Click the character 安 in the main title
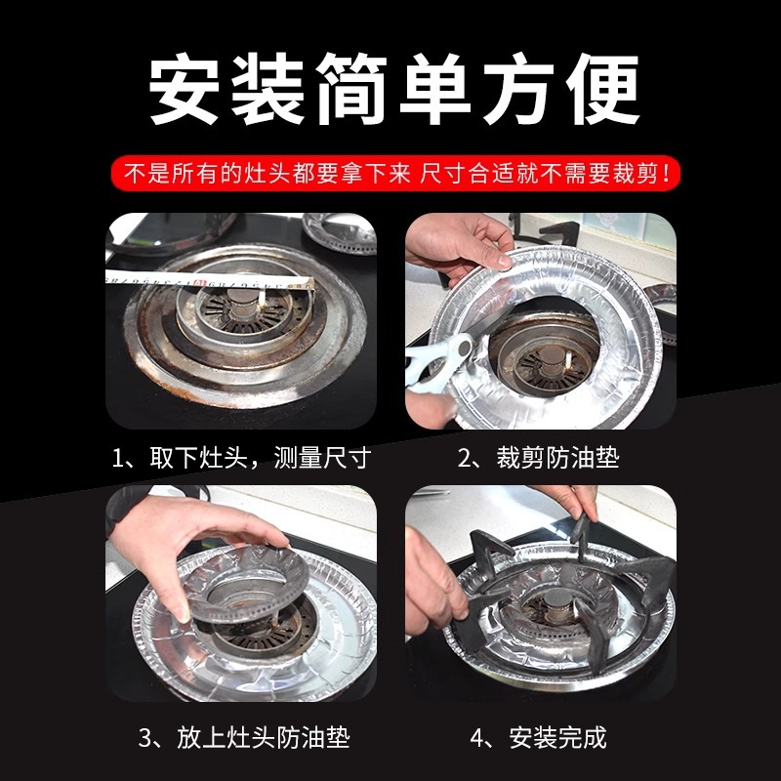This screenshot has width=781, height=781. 184,89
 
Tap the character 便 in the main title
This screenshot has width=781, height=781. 602,89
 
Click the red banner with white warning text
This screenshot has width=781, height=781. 395,174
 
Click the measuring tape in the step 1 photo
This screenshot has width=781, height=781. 210,281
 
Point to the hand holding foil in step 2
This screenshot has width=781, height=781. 457,245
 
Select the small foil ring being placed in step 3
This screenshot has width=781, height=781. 248,584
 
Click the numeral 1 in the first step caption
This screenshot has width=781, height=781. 117,458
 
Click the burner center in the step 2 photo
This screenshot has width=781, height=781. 551,356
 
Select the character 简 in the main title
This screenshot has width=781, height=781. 352,89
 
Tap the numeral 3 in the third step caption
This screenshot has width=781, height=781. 144,738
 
